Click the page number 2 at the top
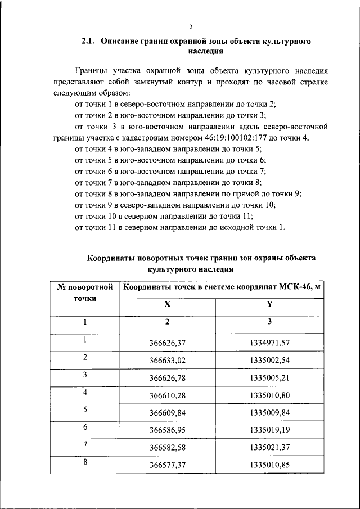[191, 26]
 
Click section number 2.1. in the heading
[90, 42]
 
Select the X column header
[167, 304]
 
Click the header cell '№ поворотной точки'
[85, 293]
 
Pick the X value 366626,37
[168, 342]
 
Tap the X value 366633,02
[168, 359]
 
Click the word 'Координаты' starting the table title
[111, 258]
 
